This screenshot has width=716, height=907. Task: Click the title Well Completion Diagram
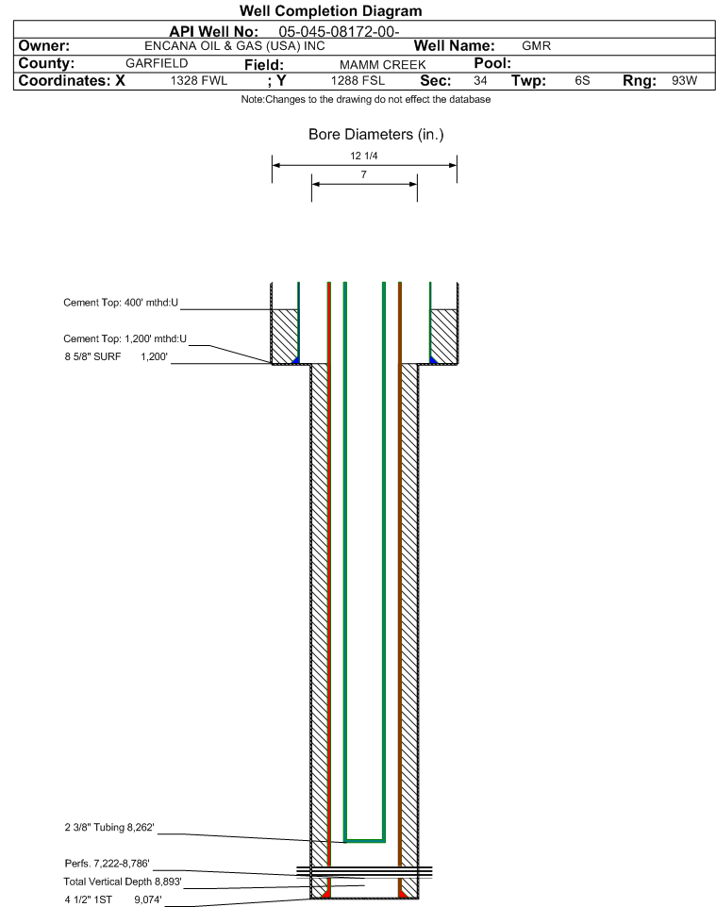(330, 11)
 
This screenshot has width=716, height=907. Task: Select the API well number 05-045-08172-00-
(340, 31)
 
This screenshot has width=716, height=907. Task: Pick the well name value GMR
(536, 46)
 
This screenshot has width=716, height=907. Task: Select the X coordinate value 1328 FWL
(199, 81)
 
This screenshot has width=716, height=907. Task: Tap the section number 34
(480, 81)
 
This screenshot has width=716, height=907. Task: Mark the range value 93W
(684, 81)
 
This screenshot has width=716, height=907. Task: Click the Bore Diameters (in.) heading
(375, 135)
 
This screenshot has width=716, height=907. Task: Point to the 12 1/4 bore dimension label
(363, 157)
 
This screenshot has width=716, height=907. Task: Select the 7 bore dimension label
(363, 175)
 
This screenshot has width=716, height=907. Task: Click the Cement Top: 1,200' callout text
(125, 339)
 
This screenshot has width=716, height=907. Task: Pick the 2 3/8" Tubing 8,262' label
(103, 828)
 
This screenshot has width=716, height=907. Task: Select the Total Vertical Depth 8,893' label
(122, 882)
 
